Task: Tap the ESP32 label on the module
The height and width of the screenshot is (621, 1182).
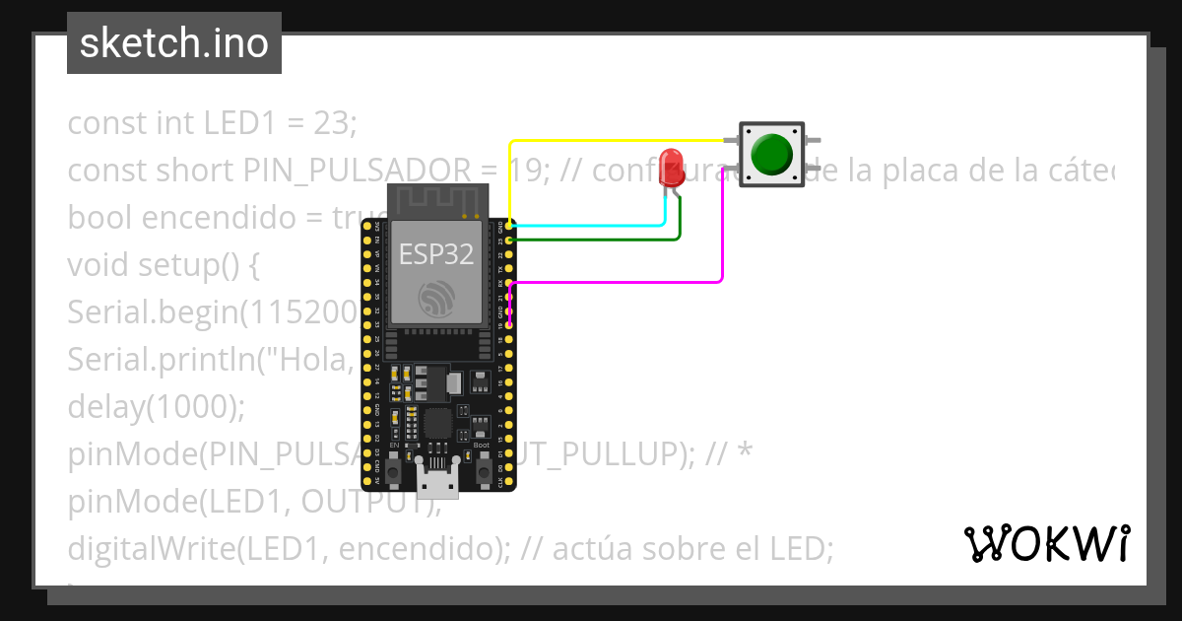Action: click(x=436, y=254)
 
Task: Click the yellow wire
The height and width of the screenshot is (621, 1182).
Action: click(x=611, y=141)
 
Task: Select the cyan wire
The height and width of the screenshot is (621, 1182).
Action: click(x=591, y=226)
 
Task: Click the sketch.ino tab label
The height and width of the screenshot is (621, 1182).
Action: click(x=174, y=43)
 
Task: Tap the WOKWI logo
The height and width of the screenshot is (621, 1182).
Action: click(x=1046, y=543)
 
